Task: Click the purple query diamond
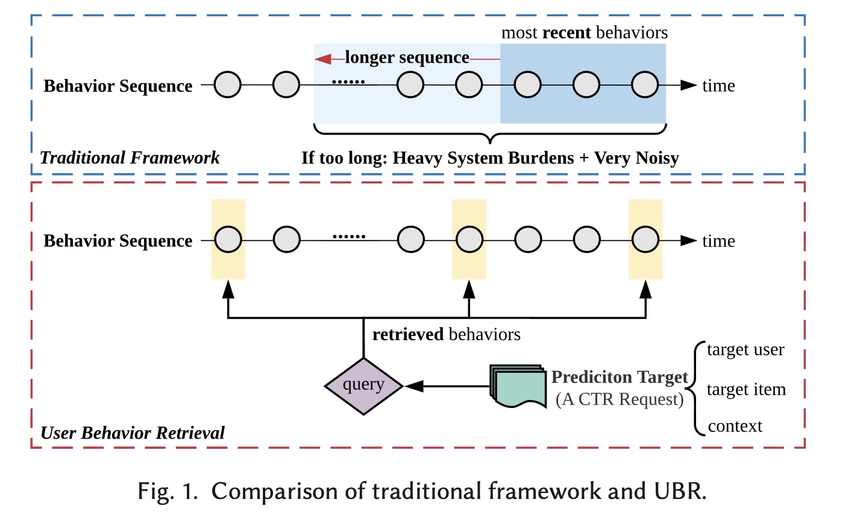point(363,386)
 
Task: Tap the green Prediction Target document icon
point(516,386)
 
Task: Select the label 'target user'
point(745,350)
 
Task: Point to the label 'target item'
point(746,390)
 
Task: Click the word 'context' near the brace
point(735,427)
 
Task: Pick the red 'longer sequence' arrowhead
point(323,59)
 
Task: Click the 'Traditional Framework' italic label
point(130,158)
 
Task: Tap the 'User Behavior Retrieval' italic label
point(132,433)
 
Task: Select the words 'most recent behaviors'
point(584,33)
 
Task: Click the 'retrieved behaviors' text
point(446,335)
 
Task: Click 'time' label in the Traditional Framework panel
point(718,86)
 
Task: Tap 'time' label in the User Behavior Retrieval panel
point(718,241)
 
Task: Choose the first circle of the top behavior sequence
point(228,85)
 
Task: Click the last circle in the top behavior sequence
point(645,85)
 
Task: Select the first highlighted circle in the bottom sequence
point(228,240)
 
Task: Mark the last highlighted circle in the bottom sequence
point(645,240)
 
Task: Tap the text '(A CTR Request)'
point(620,399)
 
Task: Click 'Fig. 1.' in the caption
point(168,492)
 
